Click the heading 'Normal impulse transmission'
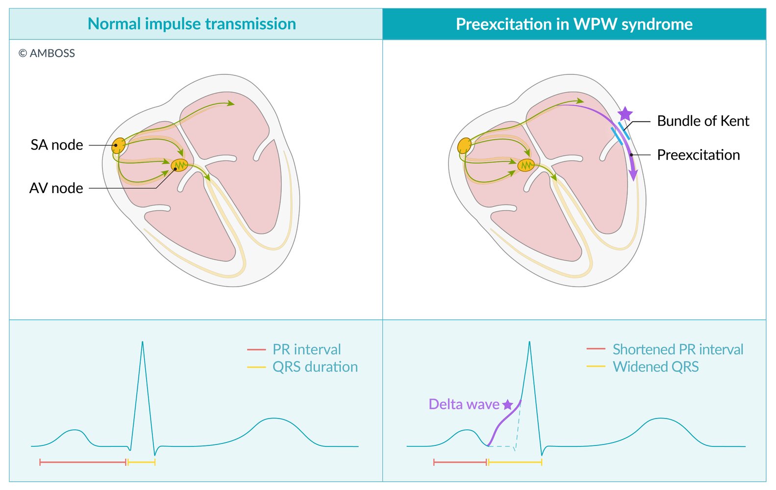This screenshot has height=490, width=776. [192, 24]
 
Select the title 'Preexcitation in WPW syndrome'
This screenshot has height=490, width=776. [574, 24]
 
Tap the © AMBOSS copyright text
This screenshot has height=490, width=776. [47, 53]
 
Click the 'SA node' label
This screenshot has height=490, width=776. [57, 145]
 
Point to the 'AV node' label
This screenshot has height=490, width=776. [56, 188]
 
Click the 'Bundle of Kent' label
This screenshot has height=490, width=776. [703, 121]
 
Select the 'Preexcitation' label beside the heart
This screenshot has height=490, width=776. [699, 155]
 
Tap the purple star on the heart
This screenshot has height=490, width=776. [625, 114]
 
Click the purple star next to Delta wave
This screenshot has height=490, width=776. [507, 404]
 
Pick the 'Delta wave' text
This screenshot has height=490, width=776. [464, 404]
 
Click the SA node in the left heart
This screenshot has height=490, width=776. [119, 146]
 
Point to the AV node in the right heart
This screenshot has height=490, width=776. [526, 165]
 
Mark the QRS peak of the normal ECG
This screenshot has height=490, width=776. [142, 342]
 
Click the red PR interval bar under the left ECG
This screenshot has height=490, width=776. [83, 462]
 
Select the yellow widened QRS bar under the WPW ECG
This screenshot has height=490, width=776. [515, 462]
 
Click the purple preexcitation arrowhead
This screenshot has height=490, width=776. [633, 175]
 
